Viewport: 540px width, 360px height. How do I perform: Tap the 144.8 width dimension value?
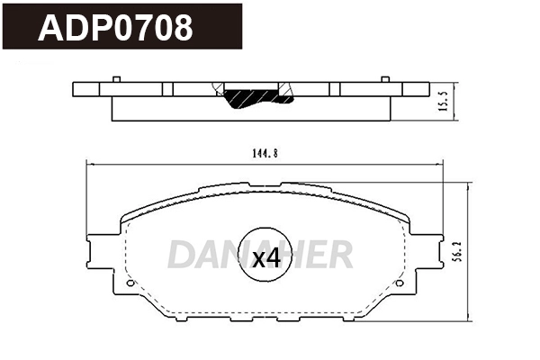[264, 153]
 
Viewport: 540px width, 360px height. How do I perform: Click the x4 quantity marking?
[265, 260]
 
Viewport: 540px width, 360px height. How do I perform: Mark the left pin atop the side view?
[119, 80]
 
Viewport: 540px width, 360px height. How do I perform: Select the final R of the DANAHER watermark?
[340, 256]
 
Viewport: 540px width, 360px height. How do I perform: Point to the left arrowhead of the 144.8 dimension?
[87, 163]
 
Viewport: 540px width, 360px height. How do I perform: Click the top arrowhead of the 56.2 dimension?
[470, 186]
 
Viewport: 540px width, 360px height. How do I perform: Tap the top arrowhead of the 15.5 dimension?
[457, 84]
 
